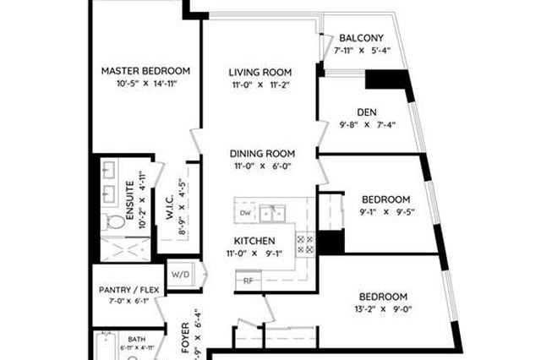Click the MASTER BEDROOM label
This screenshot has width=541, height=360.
(145, 71)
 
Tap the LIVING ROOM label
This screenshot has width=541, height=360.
(260, 73)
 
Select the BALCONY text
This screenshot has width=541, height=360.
(361, 38)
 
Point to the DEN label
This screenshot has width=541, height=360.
(367, 112)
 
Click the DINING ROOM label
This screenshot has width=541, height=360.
(262, 154)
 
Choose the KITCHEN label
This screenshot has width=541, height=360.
(254, 241)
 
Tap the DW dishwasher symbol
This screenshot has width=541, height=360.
(246, 213)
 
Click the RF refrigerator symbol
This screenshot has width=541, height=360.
(249, 281)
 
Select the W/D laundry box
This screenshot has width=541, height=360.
(181, 275)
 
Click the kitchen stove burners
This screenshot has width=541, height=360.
(305, 243)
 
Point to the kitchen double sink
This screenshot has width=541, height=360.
(272, 214)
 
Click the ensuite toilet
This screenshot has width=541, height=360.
(113, 222)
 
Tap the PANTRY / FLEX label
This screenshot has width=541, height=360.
(129, 290)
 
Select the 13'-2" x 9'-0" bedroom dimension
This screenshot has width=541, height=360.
(383, 309)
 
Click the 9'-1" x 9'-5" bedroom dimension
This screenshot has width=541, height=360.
(387, 212)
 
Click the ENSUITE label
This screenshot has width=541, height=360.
(129, 200)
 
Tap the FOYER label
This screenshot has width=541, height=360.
(185, 337)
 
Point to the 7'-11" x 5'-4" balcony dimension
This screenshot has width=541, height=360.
(362, 51)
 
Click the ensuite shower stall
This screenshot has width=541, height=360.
(126, 249)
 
